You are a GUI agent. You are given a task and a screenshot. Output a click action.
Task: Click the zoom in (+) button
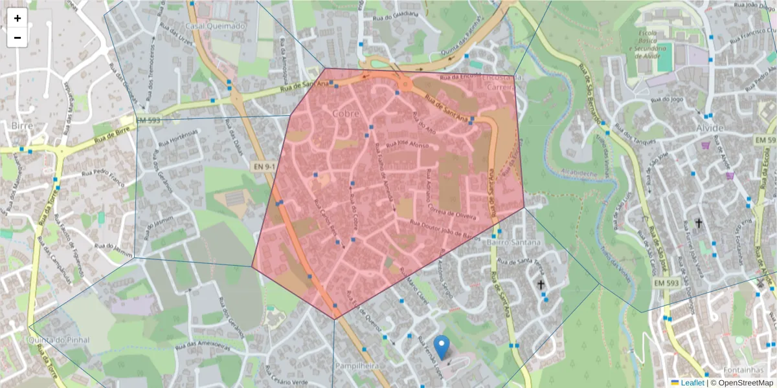[x=17, y=19]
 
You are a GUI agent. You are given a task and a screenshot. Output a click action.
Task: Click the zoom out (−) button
[x=17, y=38]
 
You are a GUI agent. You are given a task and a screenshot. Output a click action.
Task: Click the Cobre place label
[x=345, y=113]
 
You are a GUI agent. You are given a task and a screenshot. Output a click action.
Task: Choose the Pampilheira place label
[x=352, y=366]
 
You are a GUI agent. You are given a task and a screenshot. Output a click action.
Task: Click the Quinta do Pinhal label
[x=58, y=340]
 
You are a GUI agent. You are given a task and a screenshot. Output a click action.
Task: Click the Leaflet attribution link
[x=692, y=383]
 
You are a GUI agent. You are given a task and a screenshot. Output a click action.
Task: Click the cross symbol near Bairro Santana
[x=541, y=285]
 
